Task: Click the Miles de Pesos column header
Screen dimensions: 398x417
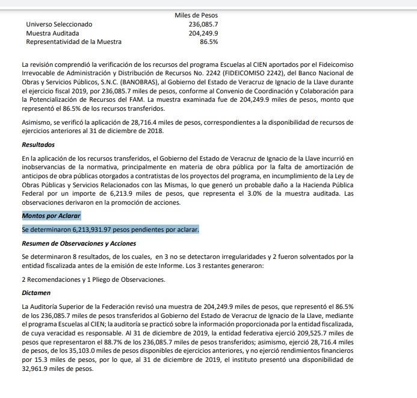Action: [x=196, y=14]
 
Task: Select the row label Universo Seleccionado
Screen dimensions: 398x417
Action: [x=59, y=24]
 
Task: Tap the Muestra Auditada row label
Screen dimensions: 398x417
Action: [x=54, y=33]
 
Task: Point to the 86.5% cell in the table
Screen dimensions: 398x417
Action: [x=209, y=42]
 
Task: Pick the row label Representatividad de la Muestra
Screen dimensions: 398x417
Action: [x=73, y=42]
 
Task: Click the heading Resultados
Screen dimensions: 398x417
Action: [x=38, y=145]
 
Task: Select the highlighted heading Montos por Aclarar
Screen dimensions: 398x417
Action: [x=51, y=216]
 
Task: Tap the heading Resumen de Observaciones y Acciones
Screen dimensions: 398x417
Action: [x=79, y=243]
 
